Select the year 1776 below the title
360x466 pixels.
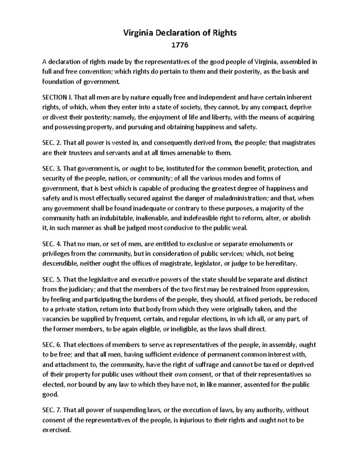click(180, 45)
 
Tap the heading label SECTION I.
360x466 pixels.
click(57, 97)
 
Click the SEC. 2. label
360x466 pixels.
click(51, 143)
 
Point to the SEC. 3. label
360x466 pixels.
click(51, 169)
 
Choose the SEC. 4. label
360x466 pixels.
click(51, 244)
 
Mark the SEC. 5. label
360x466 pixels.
click(51, 279)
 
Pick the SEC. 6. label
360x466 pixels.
click(51, 345)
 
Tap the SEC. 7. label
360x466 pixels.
click(51, 410)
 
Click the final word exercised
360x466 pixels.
click(57, 430)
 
